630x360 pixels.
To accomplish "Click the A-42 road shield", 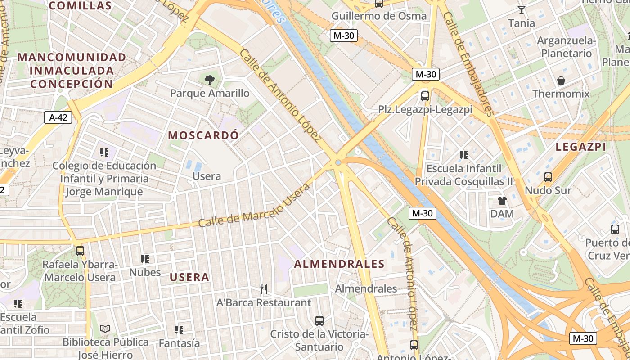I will tap(58, 118).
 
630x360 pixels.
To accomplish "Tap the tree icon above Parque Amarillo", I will tap(209, 80).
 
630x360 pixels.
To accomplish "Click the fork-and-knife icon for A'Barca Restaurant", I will tap(264, 289).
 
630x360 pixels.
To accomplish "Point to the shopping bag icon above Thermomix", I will tap(561, 81).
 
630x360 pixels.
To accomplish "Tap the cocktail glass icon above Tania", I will tap(522, 9).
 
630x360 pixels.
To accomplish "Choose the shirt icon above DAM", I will tap(502, 201).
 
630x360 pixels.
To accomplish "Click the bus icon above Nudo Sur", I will tap(548, 177).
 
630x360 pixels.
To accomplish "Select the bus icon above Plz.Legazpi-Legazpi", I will tap(425, 96).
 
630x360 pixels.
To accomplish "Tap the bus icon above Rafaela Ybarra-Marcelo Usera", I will tap(80, 251).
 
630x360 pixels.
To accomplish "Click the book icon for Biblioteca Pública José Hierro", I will tap(105, 329).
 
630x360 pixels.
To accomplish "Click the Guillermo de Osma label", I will tap(379, 16).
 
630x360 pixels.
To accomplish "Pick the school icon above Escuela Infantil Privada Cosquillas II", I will tap(464, 155).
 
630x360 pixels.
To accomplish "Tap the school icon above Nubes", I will tap(144, 259).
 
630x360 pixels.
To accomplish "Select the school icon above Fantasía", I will tap(179, 330).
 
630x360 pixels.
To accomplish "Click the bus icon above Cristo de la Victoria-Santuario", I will tap(319, 321).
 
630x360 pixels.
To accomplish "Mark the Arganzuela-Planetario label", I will tap(566, 47).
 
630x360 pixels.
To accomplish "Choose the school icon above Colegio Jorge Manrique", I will tap(104, 153).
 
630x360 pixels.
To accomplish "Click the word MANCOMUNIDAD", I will tap(72, 58).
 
